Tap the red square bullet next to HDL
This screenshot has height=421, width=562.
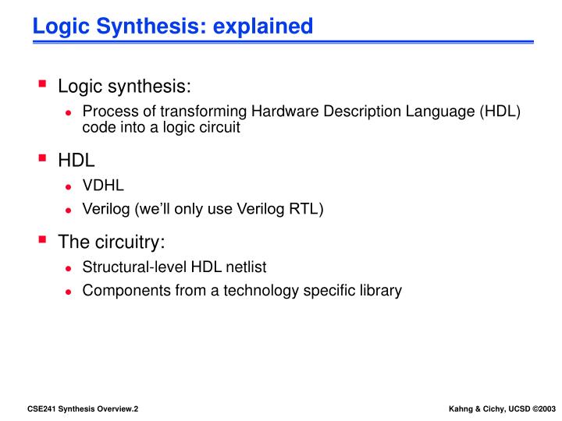(x=43, y=160)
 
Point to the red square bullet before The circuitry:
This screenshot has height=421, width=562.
(x=43, y=240)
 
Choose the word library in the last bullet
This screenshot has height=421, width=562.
(x=378, y=291)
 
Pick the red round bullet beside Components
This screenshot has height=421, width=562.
(x=69, y=292)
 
